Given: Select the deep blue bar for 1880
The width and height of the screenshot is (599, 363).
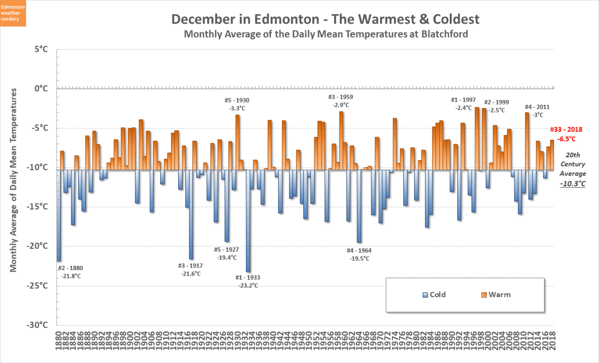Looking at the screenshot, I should tap(58, 215).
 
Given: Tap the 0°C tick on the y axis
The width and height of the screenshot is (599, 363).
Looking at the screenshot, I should tap(41, 88).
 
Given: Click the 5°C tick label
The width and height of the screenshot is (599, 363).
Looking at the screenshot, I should tap(41, 49).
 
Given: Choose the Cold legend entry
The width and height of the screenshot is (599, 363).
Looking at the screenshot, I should tap(434, 295).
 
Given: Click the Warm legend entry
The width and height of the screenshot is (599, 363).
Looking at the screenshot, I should tap(496, 295).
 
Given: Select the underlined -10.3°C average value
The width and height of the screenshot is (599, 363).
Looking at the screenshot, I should tap(572, 184).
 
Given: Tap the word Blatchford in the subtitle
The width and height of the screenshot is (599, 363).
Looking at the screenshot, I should tap(442, 34).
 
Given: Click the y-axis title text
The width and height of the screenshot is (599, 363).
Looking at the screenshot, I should tap(13, 181).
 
